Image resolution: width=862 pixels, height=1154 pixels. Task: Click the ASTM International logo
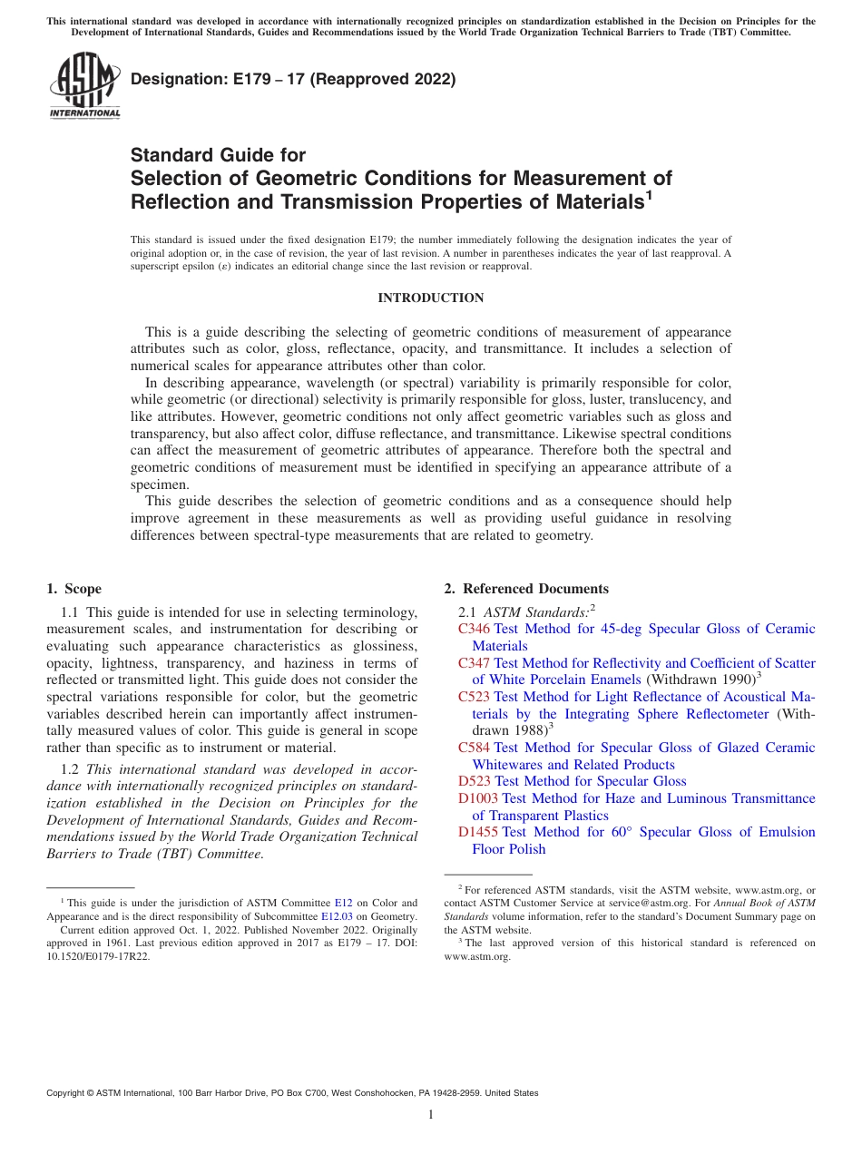point(84,86)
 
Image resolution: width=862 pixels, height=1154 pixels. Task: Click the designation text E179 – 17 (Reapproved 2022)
point(293,79)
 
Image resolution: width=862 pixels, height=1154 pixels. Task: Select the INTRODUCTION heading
point(430,298)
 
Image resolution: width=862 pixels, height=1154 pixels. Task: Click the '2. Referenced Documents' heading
point(526,589)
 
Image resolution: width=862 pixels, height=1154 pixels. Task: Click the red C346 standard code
point(474,629)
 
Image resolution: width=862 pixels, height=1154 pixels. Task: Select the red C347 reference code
point(474,663)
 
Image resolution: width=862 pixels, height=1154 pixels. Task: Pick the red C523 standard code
point(474,697)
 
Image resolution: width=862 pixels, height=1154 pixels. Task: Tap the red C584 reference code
point(474,748)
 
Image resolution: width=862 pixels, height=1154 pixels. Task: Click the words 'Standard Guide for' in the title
point(218,155)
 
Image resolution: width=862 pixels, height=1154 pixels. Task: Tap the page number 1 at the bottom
point(431,1115)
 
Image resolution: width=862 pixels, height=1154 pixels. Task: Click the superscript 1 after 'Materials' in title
point(649,194)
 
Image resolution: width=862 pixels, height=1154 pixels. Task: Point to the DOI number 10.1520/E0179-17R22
point(99,956)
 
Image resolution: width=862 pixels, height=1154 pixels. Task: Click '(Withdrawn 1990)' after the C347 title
point(700,680)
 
